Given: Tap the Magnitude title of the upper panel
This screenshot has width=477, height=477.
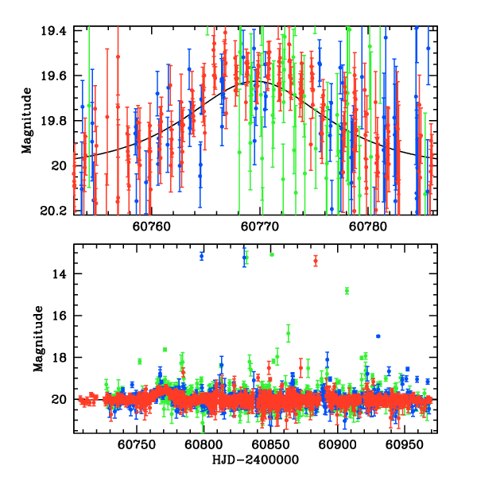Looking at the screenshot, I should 28,121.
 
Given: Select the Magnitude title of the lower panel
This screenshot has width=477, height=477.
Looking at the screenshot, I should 37,337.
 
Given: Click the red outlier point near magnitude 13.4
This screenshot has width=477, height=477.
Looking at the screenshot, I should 316,261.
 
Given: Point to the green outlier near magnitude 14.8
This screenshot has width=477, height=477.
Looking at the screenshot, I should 347,291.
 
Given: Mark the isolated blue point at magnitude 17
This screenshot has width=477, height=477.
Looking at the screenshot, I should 378,336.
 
